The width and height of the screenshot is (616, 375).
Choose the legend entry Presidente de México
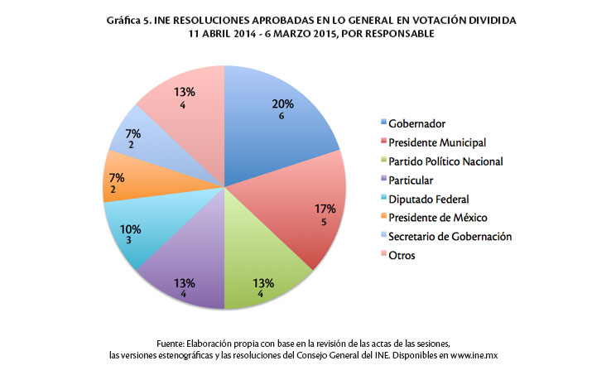(x=437, y=218)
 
